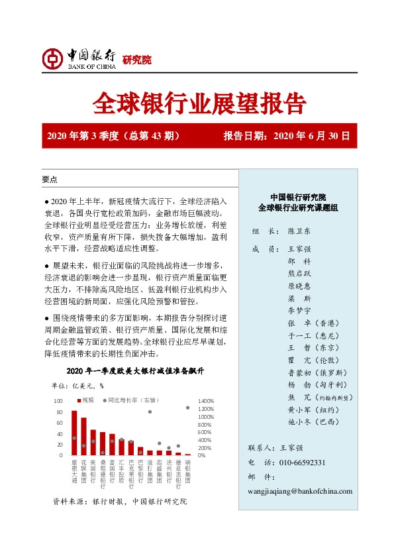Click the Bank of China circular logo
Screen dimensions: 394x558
click(x=54, y=59)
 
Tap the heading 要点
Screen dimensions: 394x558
click(x=50, y=180)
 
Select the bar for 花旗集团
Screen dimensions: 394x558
click(x=84, y=437)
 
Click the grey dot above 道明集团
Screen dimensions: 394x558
click(x=150, y=412)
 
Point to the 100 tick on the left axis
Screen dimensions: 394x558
click(x=58, y=402)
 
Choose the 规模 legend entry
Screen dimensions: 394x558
click(x=85, y=400)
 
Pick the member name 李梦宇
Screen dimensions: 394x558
click(x=299, y=309)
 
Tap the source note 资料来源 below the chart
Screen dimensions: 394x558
click(x=120, y=502)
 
